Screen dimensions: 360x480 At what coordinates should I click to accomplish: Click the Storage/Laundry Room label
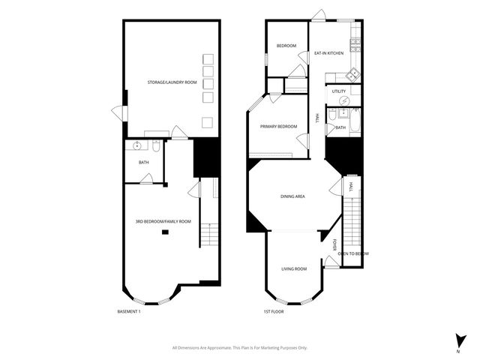click(172, 82)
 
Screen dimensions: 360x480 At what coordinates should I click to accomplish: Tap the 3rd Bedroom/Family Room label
click(163, 221)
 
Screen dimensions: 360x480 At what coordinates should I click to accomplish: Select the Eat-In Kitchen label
click(328, 53)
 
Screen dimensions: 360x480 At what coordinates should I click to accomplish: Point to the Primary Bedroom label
click(278, 127)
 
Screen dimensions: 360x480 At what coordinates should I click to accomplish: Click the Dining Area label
click(292, 196)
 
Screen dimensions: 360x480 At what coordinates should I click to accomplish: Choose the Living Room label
click(294, 268)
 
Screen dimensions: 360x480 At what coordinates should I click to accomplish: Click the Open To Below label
click(352, 253)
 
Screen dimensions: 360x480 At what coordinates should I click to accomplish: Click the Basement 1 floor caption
click(129, 311)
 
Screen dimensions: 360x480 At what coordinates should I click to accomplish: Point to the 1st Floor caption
click(273, 311)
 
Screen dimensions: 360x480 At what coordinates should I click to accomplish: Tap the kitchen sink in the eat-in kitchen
click(351, 74)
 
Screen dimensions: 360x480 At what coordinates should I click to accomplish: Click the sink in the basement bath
click(138, 146)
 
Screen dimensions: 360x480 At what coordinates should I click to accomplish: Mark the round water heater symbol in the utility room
click(344, 100)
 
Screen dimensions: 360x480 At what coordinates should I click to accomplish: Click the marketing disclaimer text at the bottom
click(240, 347)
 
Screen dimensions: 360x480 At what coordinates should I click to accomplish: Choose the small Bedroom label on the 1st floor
click(286, 46)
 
